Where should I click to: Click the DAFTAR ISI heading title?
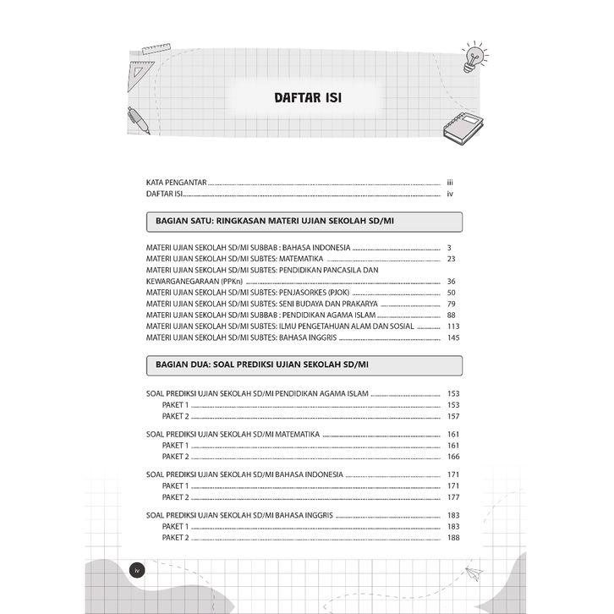point(307,96)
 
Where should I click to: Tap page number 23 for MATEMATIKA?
point(452,259)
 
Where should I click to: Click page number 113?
point(452,326)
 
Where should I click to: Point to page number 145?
point(452,338)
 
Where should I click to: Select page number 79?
point(452,304)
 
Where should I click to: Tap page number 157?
point(452,417)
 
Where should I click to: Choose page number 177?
point(452,498)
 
